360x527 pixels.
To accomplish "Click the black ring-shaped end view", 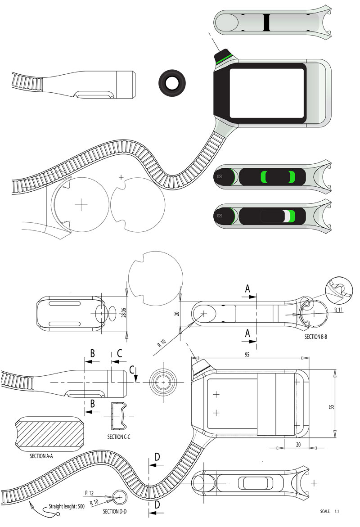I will (172, 83).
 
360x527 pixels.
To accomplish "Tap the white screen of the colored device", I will (266, 93).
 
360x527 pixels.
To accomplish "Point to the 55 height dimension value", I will (332, 406).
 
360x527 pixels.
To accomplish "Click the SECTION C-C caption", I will (120, 437).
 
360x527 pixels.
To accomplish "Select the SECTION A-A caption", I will (41, 455).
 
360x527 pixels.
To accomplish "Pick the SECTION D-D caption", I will (117, 511).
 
